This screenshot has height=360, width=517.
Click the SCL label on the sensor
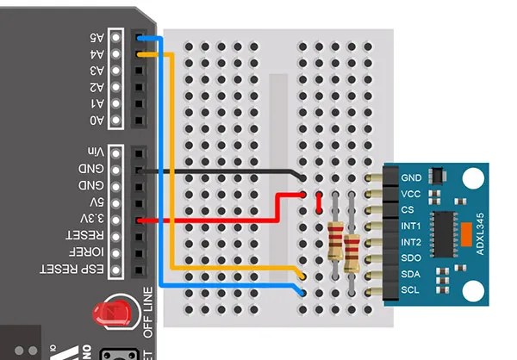click(x=411, y=289)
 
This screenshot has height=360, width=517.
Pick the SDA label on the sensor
click(x=411, y=273)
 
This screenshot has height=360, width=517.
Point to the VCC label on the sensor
click(x=411, y=194)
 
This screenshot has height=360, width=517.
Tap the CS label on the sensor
click(x=408, y=209)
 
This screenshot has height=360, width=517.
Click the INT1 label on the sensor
click(x=411, y=226)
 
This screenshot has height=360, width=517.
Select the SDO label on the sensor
click(x=411, y=258)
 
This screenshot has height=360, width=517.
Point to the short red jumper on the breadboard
click(x=320, y=203)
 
